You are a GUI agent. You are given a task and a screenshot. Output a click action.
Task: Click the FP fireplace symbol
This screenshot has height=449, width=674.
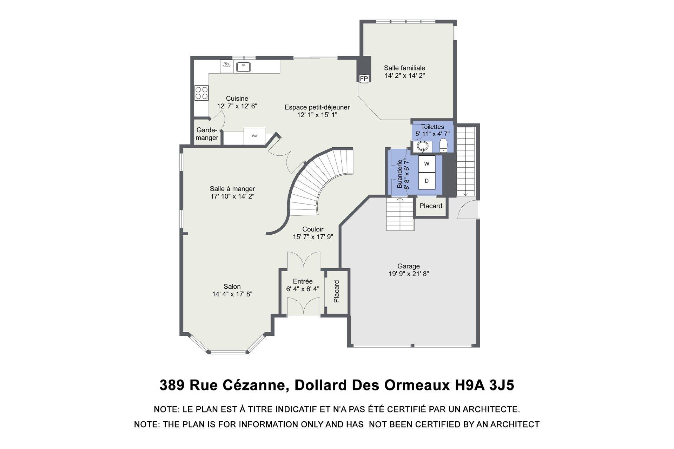pos(364,79)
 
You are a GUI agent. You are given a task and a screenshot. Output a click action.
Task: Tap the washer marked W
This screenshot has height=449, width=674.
pos(427,164)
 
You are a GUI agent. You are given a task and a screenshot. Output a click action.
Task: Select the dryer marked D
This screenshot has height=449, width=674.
pos(427,181)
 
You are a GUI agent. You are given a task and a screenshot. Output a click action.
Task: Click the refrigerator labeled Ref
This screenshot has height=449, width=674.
pos(255,136)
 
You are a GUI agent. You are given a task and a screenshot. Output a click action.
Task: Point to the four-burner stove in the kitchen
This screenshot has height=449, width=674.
pos(201,93)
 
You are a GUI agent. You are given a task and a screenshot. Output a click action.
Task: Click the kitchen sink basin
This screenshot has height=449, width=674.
pos(243,66)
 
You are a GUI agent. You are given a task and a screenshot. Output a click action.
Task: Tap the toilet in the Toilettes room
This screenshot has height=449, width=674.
pos(444,145)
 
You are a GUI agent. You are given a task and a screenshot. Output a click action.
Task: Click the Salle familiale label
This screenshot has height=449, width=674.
pos(404,68)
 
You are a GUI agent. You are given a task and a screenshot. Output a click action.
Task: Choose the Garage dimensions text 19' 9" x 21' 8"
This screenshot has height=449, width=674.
pos(409,274)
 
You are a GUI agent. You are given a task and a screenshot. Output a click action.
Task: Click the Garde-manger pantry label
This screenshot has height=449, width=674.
pos(207,134)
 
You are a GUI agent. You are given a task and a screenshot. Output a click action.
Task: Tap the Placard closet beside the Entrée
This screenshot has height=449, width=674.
pos(336,291)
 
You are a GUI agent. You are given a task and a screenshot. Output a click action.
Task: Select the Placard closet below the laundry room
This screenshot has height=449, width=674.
pos(431,206)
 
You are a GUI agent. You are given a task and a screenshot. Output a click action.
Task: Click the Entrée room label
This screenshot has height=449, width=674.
pos(303,281)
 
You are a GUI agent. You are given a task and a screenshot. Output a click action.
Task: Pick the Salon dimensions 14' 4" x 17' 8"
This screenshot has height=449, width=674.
pos(232,294)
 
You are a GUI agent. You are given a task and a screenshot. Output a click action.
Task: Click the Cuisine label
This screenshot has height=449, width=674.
pos(237,99)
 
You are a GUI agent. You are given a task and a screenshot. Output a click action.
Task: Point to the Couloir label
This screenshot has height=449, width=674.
pos(313,229)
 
